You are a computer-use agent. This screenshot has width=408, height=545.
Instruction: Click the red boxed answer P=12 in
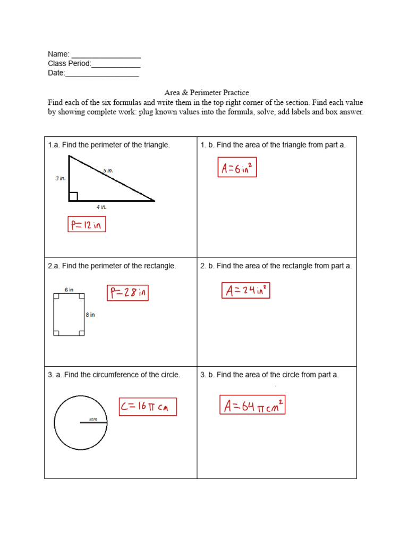(x=87, y=225)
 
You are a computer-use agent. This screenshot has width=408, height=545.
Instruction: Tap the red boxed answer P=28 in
(x=127, y=292)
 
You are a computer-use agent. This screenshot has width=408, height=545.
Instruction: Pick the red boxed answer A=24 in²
(x=245, y=290)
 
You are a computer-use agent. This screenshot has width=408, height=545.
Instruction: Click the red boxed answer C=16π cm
(x=147, y=407)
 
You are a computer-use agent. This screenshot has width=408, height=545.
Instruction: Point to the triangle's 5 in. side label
(x=108, y=171)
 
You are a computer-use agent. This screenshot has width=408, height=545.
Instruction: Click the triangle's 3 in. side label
(x=61, y=179)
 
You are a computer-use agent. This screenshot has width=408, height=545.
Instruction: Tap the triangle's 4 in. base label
(x=101, y=207)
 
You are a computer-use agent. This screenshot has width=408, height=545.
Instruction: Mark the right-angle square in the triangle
(x=73, y=196)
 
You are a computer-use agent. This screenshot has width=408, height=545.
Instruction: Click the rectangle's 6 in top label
(x=69, y=290)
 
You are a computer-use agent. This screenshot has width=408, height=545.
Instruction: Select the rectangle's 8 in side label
(x=90, y=315)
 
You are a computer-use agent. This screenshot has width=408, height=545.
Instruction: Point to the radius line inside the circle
(x=93, y=423)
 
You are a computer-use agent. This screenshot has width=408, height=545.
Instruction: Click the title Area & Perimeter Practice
(x=206, y=93)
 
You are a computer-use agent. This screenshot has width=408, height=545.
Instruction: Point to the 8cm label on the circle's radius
(x=93, y=419)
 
